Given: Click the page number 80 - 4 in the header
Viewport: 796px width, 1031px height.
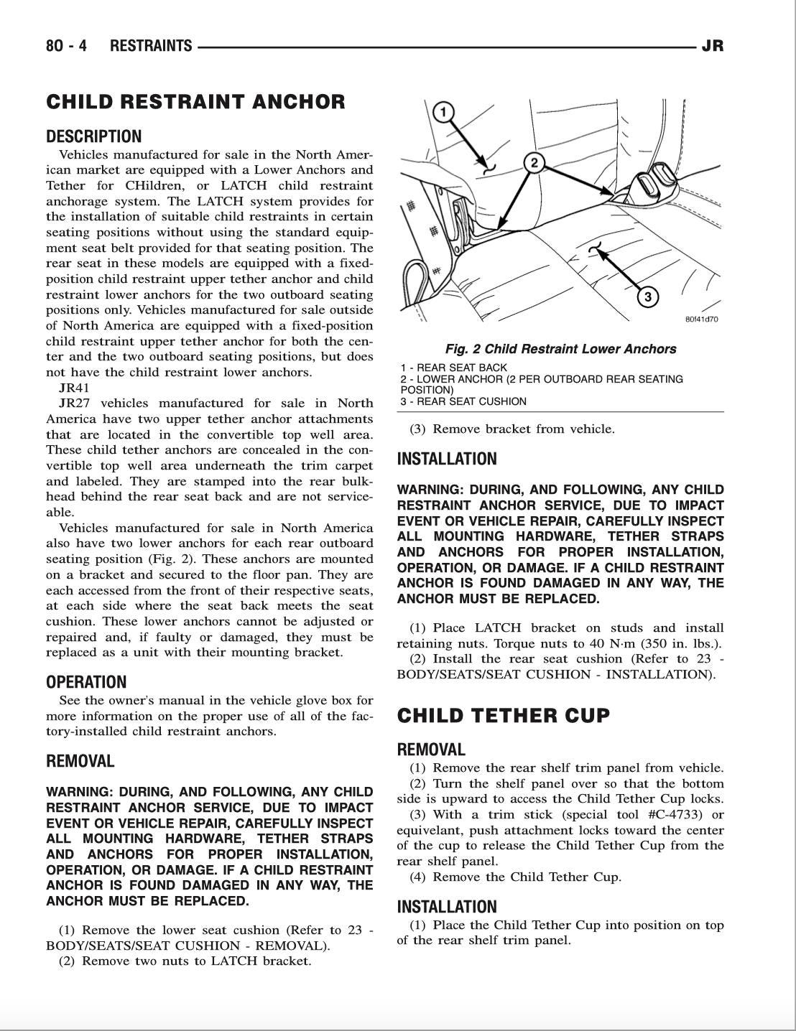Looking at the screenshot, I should pyautogui.click(x=66, y=46).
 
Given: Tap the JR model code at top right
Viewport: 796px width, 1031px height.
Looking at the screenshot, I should pyautogui.click(x=712, y=46).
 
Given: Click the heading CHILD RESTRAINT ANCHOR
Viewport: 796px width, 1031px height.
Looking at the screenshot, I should pyautogui.click(x=195, y=102).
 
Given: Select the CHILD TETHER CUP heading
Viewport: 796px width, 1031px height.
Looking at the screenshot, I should pyautogui.click(x=504, y=716).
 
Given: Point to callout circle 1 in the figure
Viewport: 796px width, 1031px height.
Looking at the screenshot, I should pyautogui.click(x=444, y=112).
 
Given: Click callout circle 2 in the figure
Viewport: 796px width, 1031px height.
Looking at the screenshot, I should pyautogui.click(x=534, y=163).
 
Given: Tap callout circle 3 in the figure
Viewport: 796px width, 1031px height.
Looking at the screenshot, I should pyautogui.click(x=647, y=297).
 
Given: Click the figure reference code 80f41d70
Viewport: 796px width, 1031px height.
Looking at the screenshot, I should pyautogui.click(x=701, y=319).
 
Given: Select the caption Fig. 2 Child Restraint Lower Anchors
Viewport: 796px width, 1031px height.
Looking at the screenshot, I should pyautogui.click(x=560, y=350).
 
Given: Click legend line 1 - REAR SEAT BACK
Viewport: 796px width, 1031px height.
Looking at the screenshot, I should pyautogui.click(x=453, y=368).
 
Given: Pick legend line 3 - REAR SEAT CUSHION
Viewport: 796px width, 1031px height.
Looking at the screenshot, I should pyautogui.click(x=463, y=401).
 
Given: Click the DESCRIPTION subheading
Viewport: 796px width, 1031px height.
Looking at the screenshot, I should pyautogui.click(x=94, y=136).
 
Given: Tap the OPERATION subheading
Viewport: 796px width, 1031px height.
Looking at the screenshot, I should pyautogui.click(x=86, y=682).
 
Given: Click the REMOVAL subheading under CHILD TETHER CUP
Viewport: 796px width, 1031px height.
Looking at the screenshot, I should pyautogui.click(x=431, y=750).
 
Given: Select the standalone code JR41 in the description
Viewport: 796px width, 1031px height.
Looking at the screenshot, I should pyautogui.click(x=73, y=388).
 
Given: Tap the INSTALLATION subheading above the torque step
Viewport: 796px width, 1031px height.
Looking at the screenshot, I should pyautogui.click(x=447, y=459).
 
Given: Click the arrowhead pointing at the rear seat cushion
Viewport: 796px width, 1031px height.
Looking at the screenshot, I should pyautogui.click(x=598, y=251).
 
